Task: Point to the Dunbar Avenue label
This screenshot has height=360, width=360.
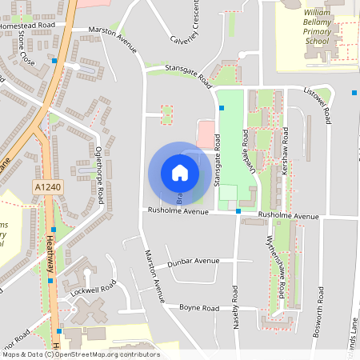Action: click(x=194, y=261)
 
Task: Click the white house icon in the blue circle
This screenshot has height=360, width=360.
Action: click(x=180, y=173)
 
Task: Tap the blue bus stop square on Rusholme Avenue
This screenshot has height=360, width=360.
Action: click(x=238, y=210)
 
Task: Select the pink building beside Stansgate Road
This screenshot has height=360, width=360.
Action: click(x=206, y=132)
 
